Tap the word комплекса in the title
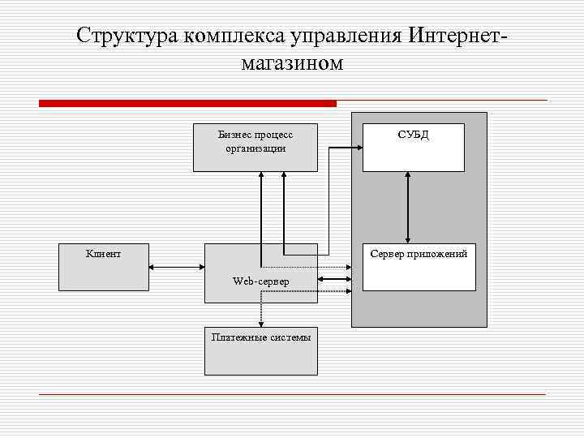tap(228, 36)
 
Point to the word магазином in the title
tap(292, 63)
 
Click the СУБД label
tap(413, 135)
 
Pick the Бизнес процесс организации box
tap(255, 148)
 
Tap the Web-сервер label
tap(260, 281)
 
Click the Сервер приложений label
tap(419, 254)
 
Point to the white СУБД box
tap(413, 154)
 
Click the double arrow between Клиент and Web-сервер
tap(176, 267)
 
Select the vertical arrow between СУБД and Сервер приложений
tap(407, 207)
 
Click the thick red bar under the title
tap(187, 104)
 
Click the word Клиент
tap(104, 254)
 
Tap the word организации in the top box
tap(255, 148)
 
